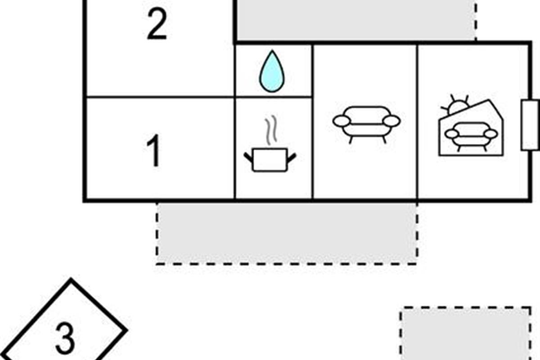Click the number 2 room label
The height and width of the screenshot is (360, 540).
157,25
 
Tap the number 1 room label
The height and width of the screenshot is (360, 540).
154,152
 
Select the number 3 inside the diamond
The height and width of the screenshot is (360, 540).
65,338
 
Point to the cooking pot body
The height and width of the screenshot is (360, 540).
270,160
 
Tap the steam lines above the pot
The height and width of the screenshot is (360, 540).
270,131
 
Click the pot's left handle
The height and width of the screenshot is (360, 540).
248,157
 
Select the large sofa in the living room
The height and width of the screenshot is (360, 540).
366,122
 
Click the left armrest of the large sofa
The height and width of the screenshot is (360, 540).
341,121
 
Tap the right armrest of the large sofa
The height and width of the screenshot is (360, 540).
392,121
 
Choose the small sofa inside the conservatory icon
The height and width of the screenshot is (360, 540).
471,135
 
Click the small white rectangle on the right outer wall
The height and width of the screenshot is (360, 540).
530,125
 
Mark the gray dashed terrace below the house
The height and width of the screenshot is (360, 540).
287,233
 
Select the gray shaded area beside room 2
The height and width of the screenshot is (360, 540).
355,20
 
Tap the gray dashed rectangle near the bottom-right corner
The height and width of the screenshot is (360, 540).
465,333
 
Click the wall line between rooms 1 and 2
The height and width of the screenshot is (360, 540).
160,97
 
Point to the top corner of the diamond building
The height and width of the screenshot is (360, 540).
71,280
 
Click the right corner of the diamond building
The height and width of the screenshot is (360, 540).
126,330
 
